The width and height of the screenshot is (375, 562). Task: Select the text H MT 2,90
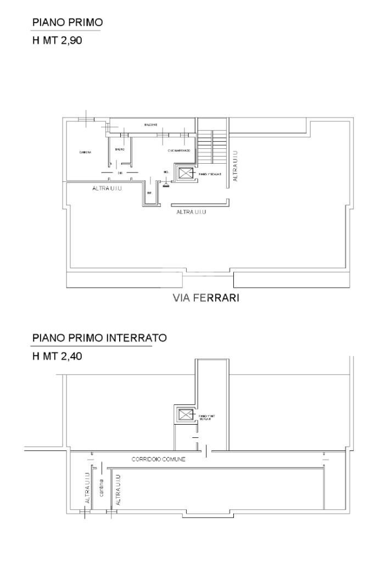pyautogui.click(x=57, y=40)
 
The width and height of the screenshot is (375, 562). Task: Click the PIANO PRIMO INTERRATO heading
pyautogui.click(x=99, y=338)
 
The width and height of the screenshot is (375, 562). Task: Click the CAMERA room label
pyautogui.click(x=85, y=152)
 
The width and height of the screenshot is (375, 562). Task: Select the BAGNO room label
pyautogui.click(x=120, y=149)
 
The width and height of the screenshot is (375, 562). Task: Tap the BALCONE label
pyautogui.click(x=151, y=125)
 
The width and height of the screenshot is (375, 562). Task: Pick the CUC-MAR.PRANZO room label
pyautogui.click(x=179, y=151)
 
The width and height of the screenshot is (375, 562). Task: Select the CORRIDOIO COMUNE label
pyautogui.click(x=158, y=459)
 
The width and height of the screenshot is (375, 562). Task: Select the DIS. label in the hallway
pyautogui.click(x=120, y=173)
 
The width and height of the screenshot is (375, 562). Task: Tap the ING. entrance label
pyautogui.click(x=166, y=173)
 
